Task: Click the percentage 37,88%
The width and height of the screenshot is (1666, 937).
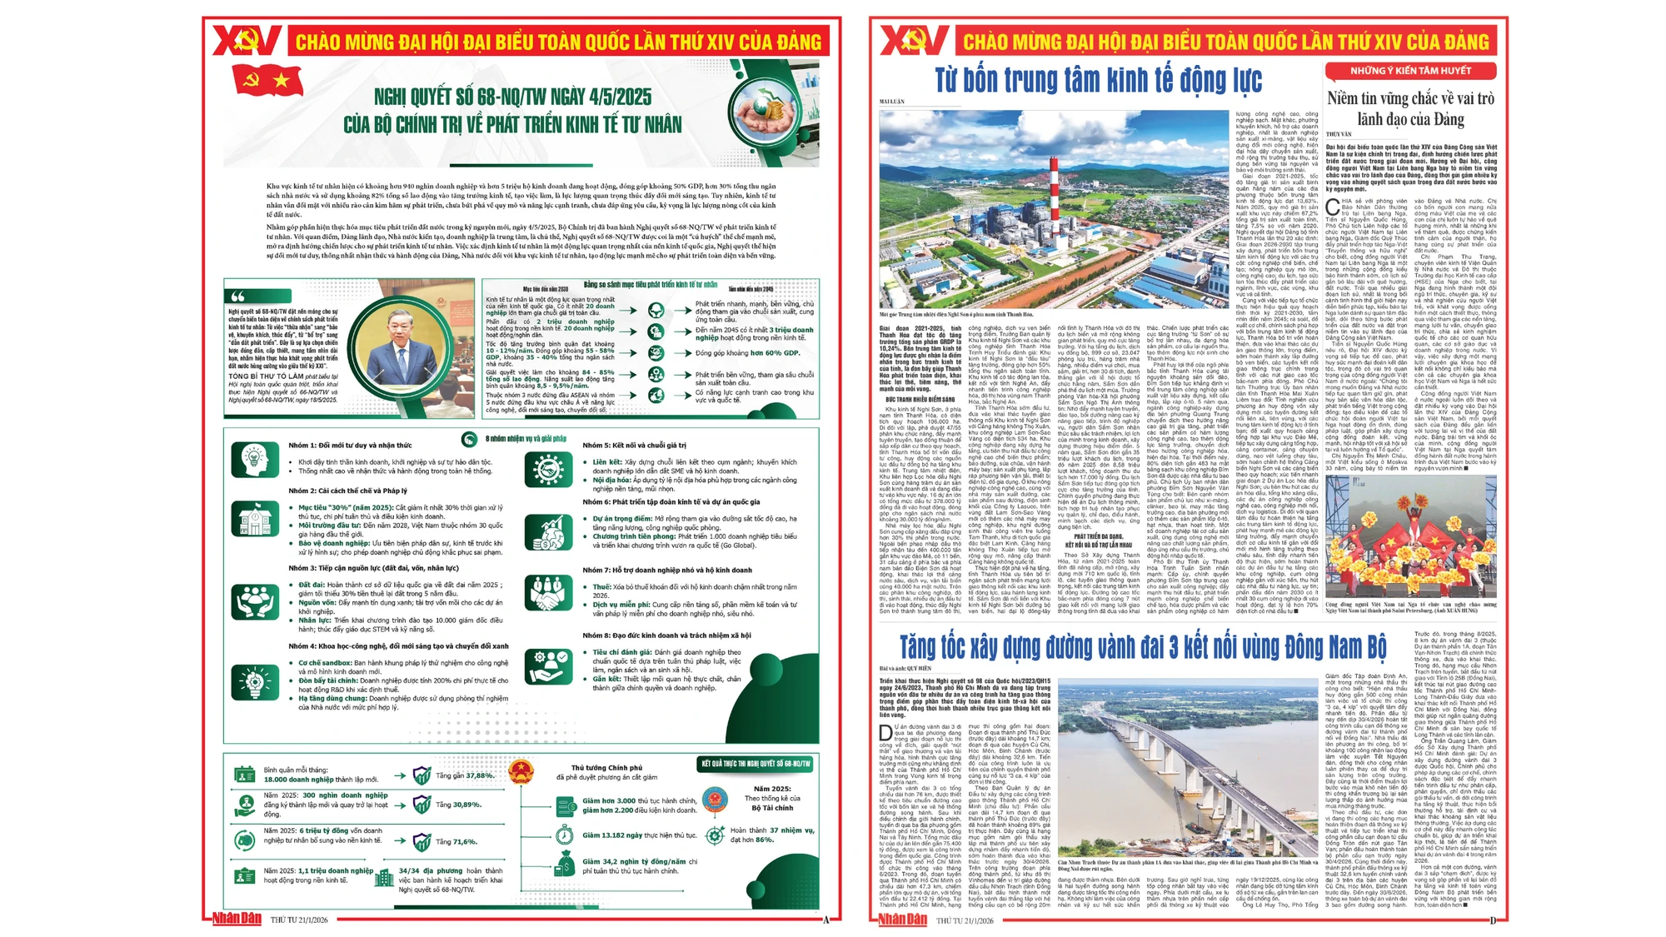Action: [479, 775]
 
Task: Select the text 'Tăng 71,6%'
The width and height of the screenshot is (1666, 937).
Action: [456, 842]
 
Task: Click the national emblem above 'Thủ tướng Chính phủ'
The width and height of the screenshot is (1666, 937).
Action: [521, 769]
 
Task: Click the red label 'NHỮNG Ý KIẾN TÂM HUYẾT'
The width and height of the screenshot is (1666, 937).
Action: [1410, 71]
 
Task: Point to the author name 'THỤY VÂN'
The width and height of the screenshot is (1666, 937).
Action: [1339, 134]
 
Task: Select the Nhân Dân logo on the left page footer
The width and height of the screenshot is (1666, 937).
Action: [237, 919]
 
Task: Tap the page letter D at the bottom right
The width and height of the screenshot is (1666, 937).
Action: [1493, 920]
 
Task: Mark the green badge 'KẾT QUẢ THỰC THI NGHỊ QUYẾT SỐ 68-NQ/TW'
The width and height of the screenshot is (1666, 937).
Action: [756, 764]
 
